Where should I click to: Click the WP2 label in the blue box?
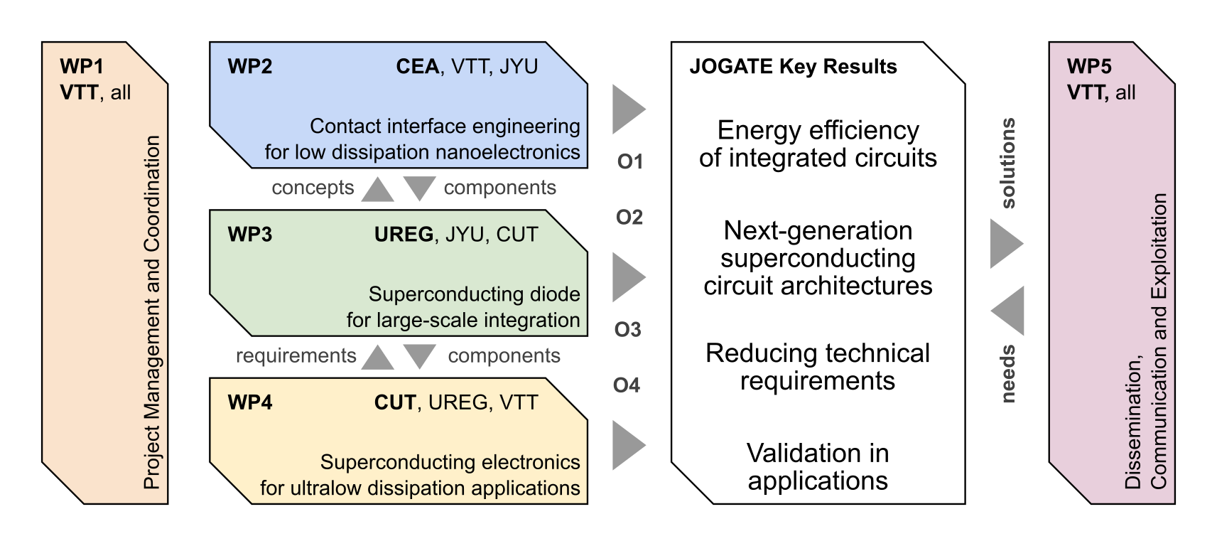click(x=249, y=67)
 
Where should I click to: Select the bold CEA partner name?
click(x=418, y=67)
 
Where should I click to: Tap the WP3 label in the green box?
click(x=249, y=235)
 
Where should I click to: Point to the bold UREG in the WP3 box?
click(x=404, y=235)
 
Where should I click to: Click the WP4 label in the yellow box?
click(x=249, y=402)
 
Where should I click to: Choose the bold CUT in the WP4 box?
click(x=394, y=402)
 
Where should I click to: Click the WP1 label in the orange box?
click(x=82, y=67)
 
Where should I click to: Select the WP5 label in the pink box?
click(x=1089, y=67)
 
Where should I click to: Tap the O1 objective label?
click(x=629, y=162)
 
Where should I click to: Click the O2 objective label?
click(x=629, y=217)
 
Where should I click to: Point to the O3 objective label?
click(x=627, y=330)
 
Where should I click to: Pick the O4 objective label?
click(x=627, y=385)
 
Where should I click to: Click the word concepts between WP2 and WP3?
click(x=313, y=188)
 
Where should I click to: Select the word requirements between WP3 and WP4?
click(x=296, y=355)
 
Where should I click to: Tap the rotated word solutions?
click(x=1007, y=164)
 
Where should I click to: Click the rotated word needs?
click(x=1007, y=375)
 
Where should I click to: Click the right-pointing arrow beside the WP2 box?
click(x=627, y=109)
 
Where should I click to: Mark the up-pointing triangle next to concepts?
click(x=377, y=190)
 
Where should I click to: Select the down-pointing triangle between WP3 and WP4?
click(x=419, y=355)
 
